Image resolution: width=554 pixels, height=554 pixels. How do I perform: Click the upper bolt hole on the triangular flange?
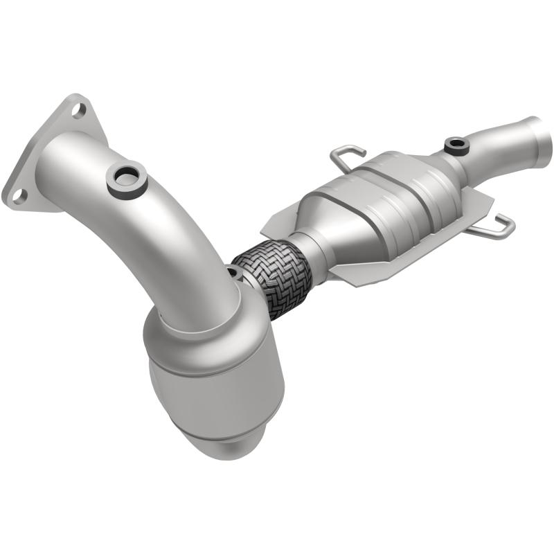[78, 109]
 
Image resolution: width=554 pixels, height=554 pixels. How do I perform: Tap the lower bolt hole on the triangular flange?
[19, 195]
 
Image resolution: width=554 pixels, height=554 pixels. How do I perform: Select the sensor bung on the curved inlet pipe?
[126, 179]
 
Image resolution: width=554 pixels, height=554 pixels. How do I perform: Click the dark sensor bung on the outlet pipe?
[456, 145]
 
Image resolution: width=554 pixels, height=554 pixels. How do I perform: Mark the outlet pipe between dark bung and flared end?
[499, 149]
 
